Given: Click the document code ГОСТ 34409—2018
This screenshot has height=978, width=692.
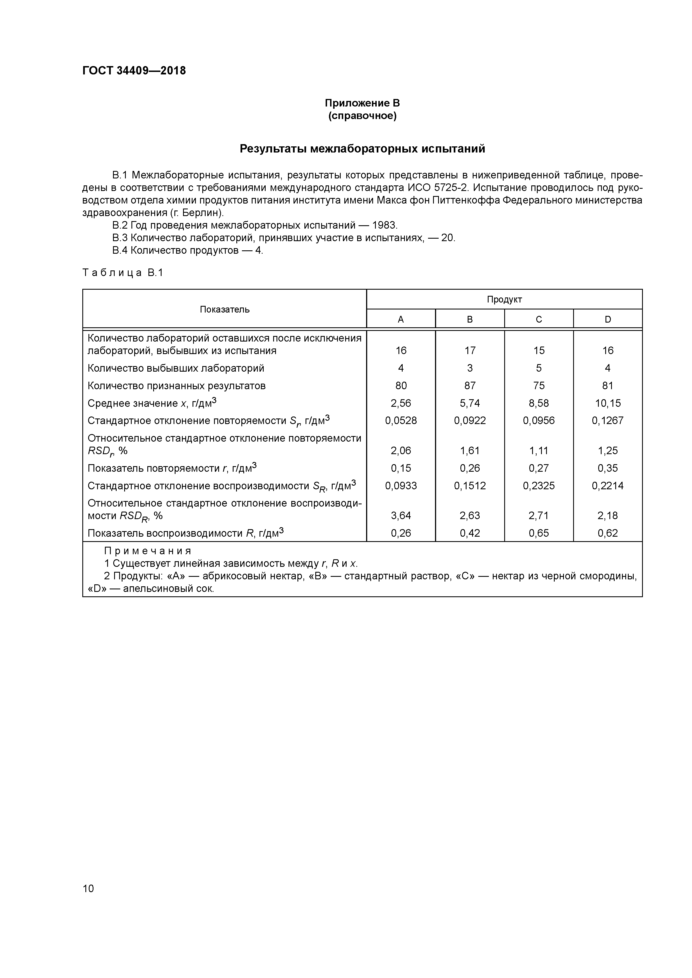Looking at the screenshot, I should click(x=134, y=71).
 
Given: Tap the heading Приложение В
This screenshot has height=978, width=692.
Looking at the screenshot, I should click(x=362, y=103).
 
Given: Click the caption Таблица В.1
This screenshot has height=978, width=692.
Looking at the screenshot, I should click(x=123, y=273).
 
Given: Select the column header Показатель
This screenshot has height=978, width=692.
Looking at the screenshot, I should click(x=224, y=309).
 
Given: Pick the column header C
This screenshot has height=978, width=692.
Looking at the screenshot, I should click(x=539, y=319).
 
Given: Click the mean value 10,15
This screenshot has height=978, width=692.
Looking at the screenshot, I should click(x=607, y=403).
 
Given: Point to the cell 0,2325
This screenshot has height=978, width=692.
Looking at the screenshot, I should click(x=539, y=486).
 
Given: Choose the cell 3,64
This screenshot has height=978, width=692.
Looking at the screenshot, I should click(x=401, y=515).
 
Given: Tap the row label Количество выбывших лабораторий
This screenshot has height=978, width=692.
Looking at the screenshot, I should click(x=176, y=368).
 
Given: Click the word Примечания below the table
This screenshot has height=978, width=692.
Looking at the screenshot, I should click(x=148, y=551).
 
